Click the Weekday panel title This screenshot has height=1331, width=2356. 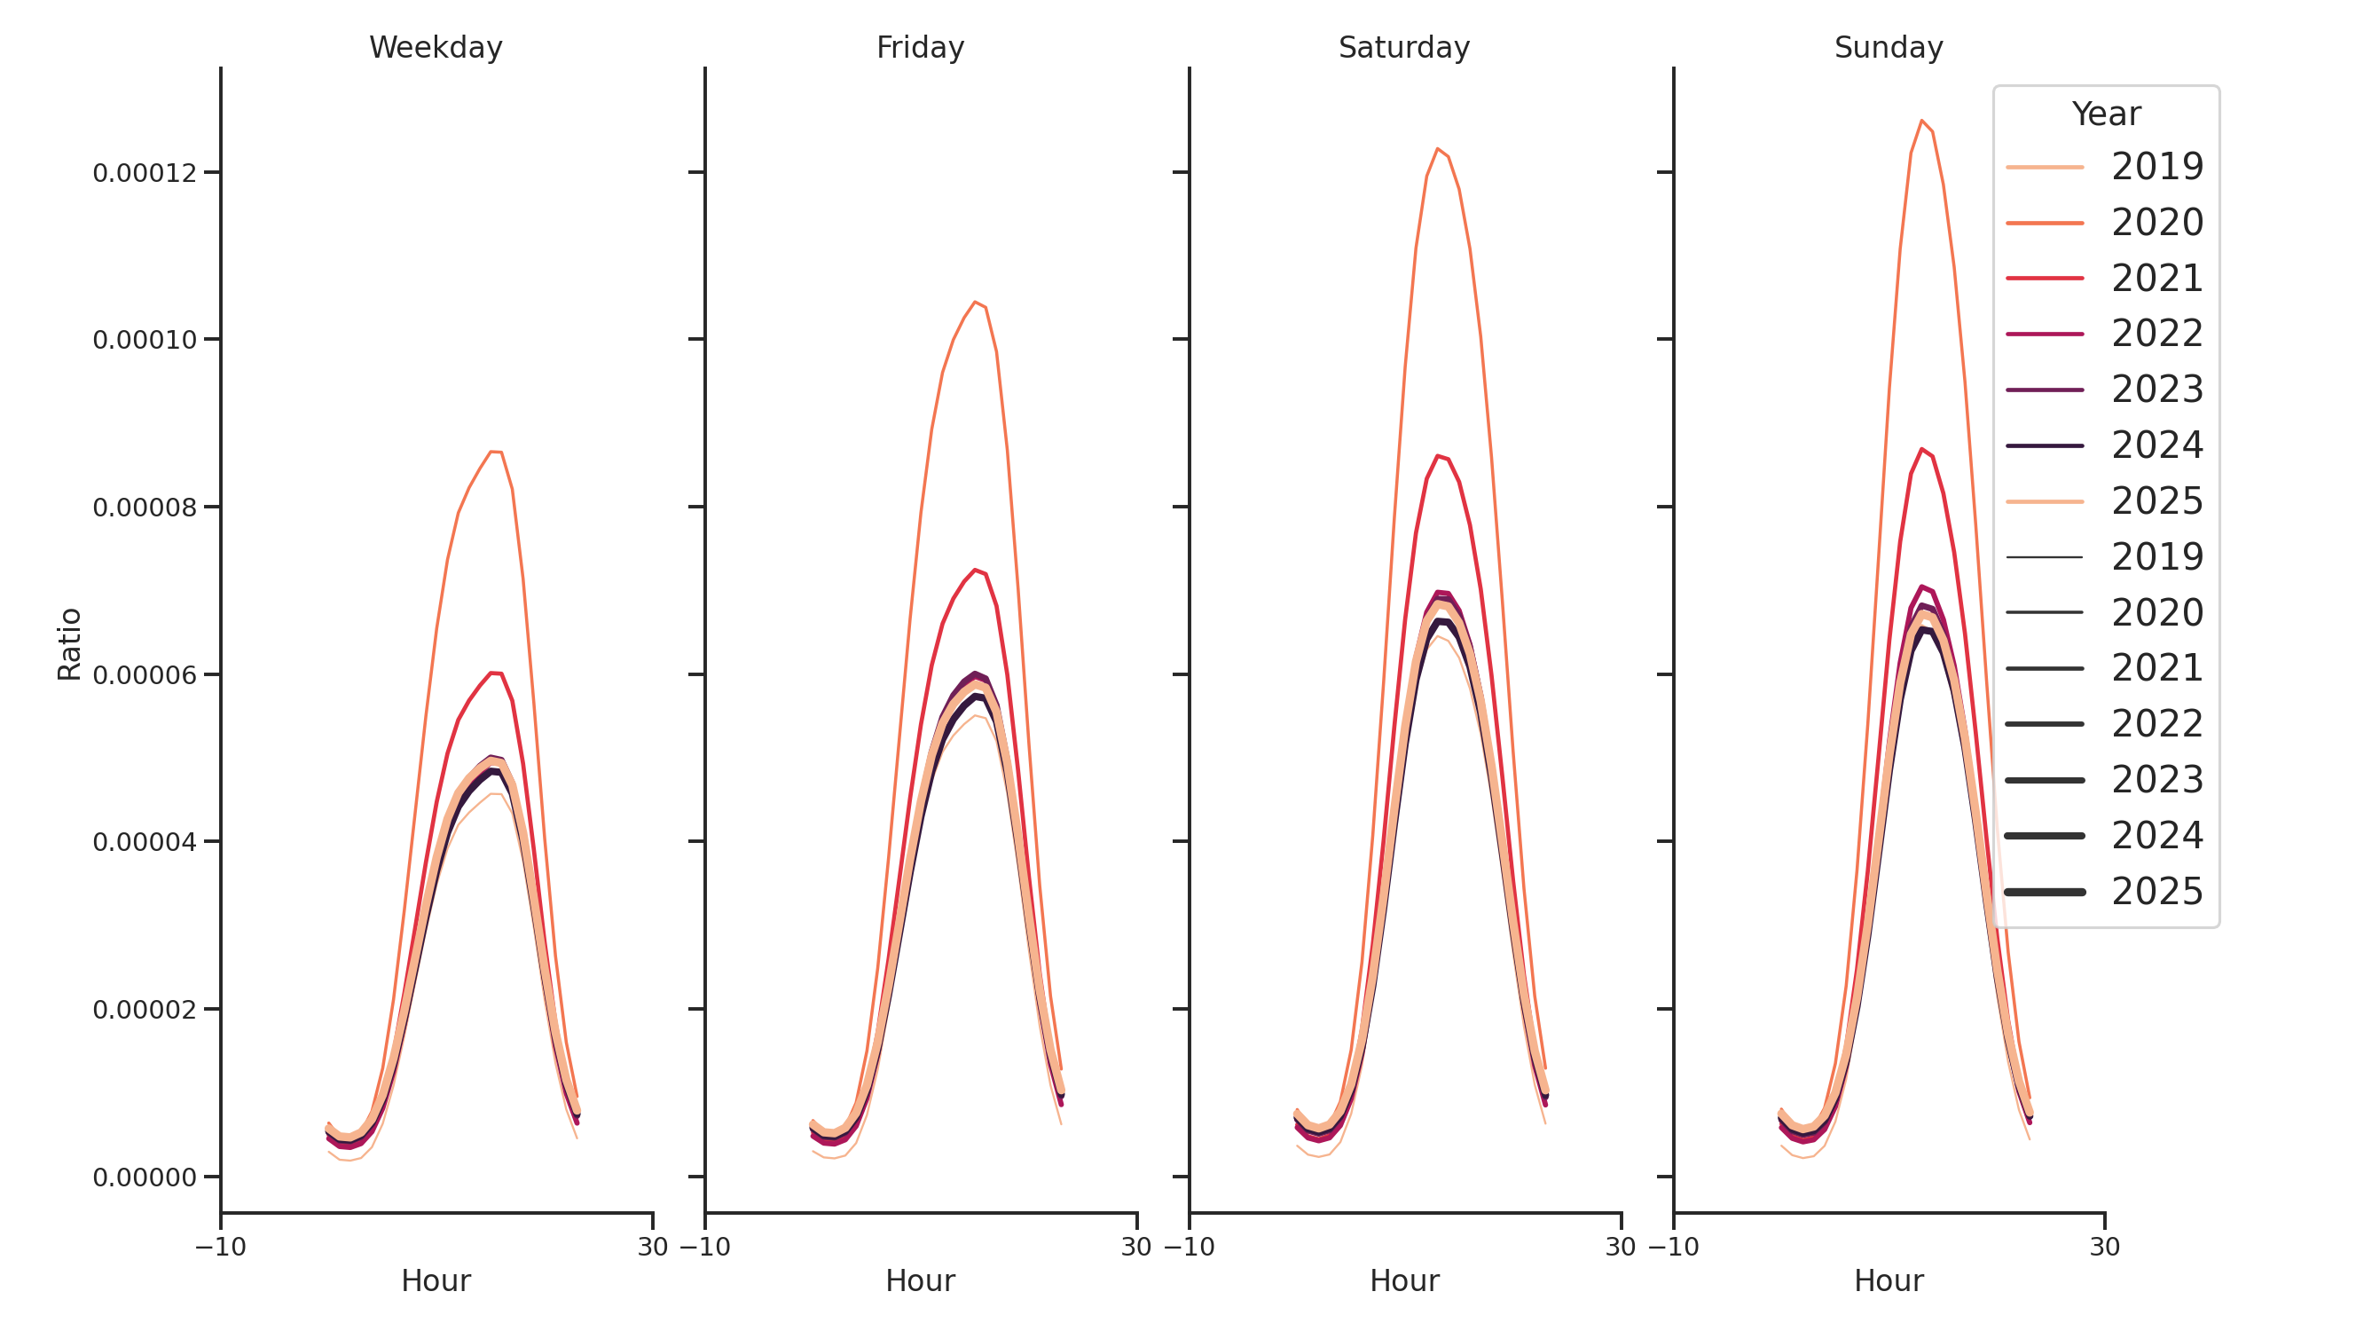(436, 48)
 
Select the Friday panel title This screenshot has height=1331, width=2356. (919, 48)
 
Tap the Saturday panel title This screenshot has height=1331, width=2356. (1403, 48)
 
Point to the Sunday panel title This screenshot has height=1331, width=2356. (1888, 48)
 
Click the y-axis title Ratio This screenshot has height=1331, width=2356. (69, 644)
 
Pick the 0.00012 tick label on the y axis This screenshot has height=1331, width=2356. (145, 174)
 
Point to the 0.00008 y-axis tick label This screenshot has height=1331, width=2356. (145, 508)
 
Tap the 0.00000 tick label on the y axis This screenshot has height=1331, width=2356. (145, 1177)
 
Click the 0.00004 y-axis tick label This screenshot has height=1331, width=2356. (145, 842)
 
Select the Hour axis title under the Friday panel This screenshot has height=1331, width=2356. (919, 1280)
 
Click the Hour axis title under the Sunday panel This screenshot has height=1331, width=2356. (1888, 1280)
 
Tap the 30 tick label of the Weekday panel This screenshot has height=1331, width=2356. (652, 1247)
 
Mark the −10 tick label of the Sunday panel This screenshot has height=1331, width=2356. (1673, 1247)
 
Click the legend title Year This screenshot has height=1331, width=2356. (2105, 114)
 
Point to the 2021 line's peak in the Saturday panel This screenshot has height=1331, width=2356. (1437, 455)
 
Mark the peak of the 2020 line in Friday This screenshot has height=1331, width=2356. (974, 302)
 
